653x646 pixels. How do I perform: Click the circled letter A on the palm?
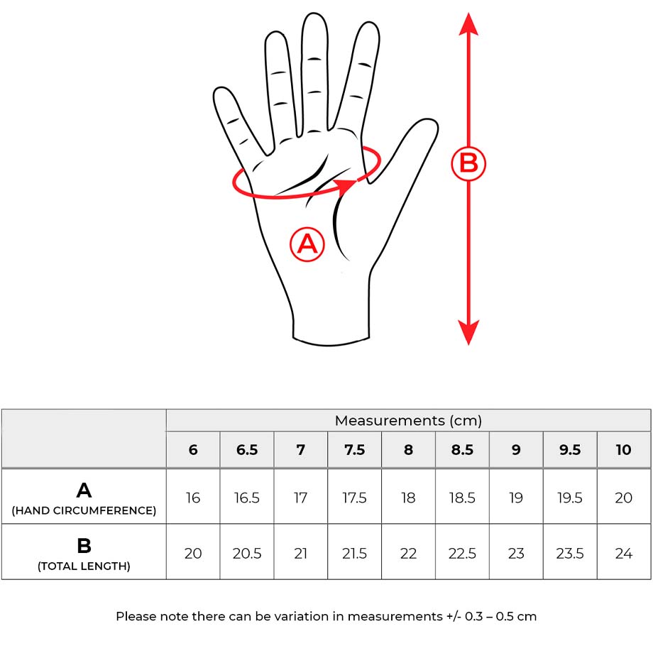pyautogui.click(x=307, y=244)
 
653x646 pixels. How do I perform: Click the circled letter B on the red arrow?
pyautogui.click(x=468, y=163)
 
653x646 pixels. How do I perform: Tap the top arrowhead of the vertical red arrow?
pyautogui.click(x=468, y=23)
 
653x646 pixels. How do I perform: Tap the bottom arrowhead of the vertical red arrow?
pyautogui.click(x=468, y=332)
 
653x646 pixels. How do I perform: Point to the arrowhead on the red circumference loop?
pyautogui.click(x=345, y=187)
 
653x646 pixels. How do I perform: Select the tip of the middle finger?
pyautogui.click(x=314, y=15)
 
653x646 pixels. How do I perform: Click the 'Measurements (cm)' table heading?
pyautogui.click(x=408, y=421)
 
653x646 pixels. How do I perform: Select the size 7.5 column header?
pyautogui.click(x=354, y=450)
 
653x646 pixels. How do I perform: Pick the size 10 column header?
pyautogui.click(x=623, y=450)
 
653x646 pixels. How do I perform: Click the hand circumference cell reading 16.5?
pyautogui.click(x=246, y=498)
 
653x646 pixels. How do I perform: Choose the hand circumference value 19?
pyautogui.click(x=516, y=498)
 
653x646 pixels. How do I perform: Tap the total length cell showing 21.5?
pyautogui.click(x=354, y=554)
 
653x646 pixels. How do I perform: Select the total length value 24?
pyautogui.click(x=623, y=554)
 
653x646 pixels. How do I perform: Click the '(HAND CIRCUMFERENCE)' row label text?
pyautogui.click(x=84, y=510)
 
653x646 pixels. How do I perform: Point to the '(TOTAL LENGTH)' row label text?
pyautogui.click(x=84, y=566)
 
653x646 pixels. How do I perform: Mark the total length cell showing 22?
pyautogui.click(x=408, y=554)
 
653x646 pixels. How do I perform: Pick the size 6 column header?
pyautogui.click(x=193, y=450)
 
